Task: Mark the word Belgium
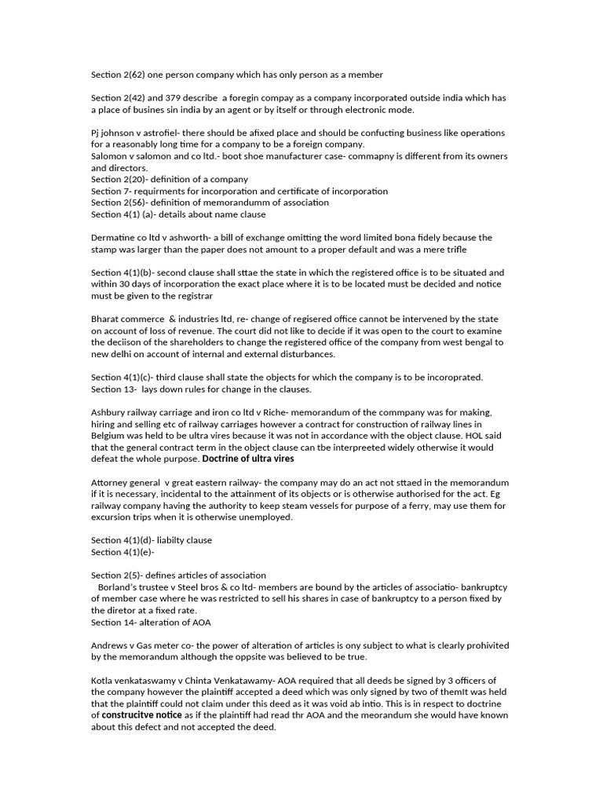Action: [109, 436]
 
